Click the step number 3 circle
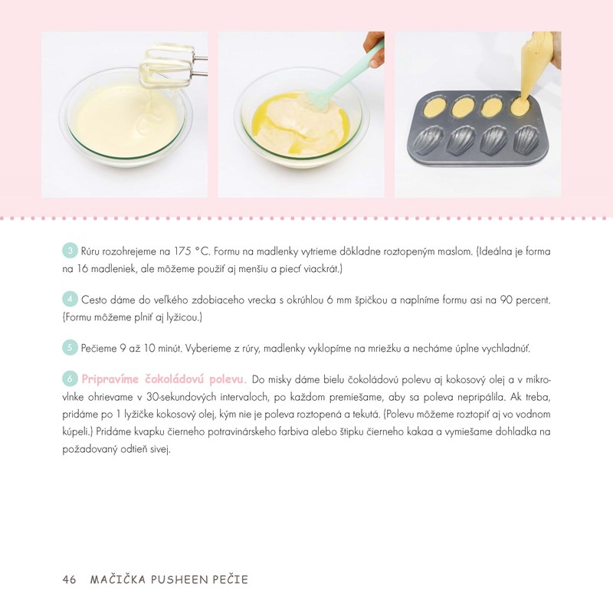(70, 251)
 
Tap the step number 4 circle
(70, 300)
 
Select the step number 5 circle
(70, 348)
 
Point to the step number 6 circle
(70, 379)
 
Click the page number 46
(69, 579)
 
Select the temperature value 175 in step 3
(182, 251)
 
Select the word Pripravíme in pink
(110, 379)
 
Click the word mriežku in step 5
(385, 349)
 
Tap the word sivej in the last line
(160, 449)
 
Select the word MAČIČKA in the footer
(118, 579)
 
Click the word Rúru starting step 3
(90, 251)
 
